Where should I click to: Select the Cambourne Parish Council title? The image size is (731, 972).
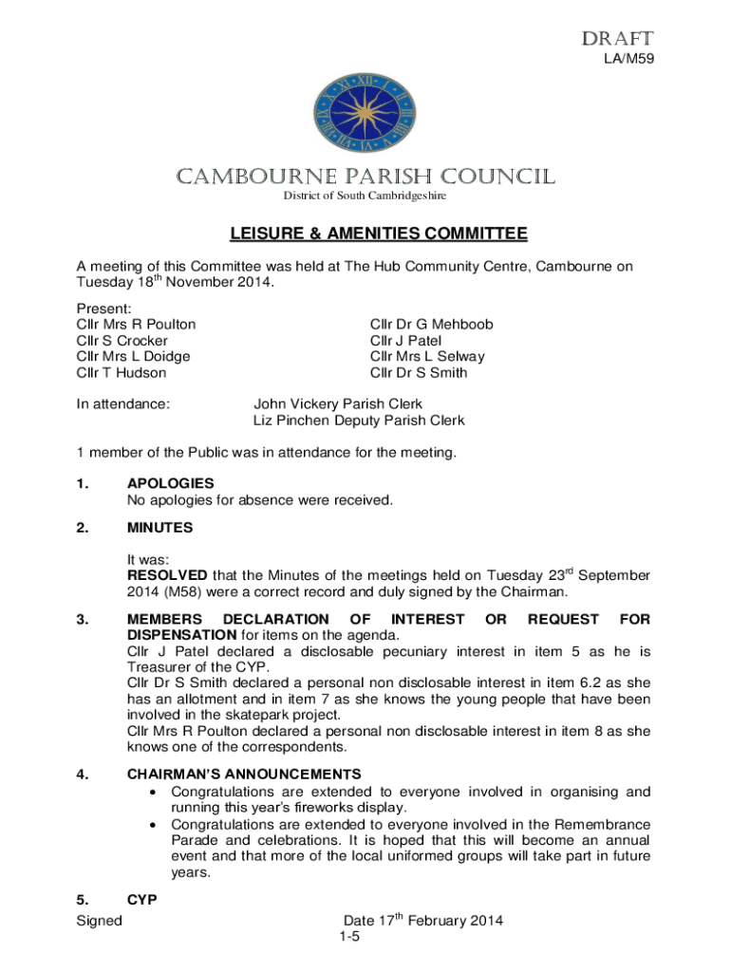pos(365,178)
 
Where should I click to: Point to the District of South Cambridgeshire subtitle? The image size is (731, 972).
pos(365,196)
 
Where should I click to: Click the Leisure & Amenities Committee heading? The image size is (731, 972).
pos(365,234)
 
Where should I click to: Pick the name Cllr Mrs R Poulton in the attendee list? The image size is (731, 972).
pos(136,325)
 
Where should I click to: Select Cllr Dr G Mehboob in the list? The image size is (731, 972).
pos(432,325)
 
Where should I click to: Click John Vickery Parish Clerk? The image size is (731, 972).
pos(338,404)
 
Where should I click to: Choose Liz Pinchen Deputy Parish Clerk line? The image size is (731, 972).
pos(359,421)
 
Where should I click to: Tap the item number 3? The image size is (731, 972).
pos(84,620)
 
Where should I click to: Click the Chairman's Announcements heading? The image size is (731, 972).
pos(244,775)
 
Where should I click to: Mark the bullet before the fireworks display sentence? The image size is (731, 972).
pos(154,792)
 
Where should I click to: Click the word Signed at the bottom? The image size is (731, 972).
pos(99,921)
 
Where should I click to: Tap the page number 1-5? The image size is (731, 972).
pos(349,938)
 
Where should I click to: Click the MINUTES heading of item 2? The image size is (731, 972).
pos(159,528)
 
